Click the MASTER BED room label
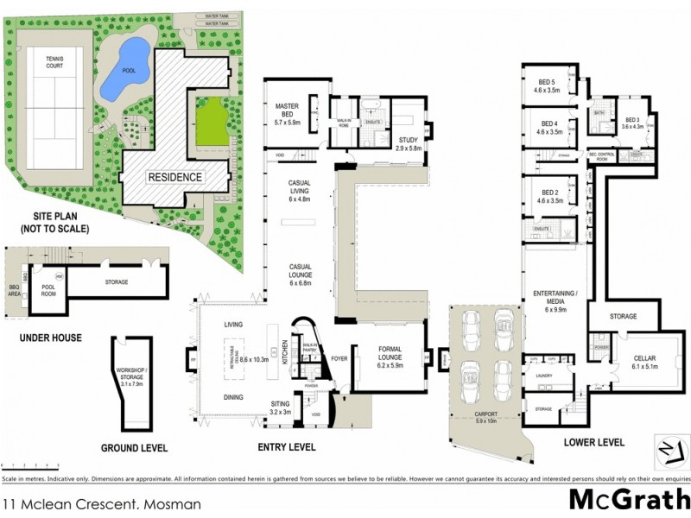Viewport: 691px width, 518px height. point(287,111)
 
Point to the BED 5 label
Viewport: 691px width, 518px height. point(546,85)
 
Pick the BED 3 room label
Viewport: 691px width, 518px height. point(634,123)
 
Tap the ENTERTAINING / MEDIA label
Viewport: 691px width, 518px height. point(554,299)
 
